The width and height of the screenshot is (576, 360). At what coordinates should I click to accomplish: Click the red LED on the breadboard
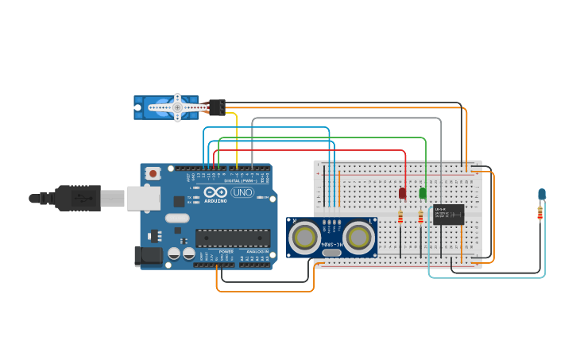(x=402, y=193)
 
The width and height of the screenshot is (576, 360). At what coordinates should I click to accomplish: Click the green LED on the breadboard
(x=423, y=193)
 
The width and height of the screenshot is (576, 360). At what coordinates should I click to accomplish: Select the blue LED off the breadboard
(x=542, y=194)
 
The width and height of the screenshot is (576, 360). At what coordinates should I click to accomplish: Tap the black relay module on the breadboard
(x=449, y=215)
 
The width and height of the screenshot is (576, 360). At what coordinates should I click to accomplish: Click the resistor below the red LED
(x=400, y=217)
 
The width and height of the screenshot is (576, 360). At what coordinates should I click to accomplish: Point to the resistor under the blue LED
(x=540, y=213)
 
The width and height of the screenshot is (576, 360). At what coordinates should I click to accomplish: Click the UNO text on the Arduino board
(x=242, y=192)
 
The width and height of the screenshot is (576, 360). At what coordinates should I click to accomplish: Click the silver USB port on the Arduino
(x=143, y=198)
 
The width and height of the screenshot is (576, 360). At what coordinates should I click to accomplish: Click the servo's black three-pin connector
(x=216, y=107)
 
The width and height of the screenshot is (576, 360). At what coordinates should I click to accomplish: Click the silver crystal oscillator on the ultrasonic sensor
(x=332, y=253)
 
